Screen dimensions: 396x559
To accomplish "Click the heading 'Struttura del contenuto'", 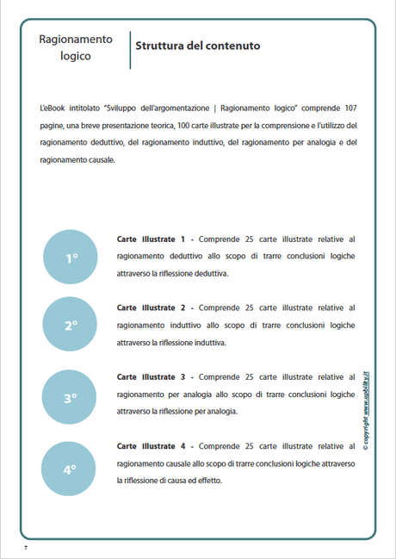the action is pyautogui.click(x=197, y=46).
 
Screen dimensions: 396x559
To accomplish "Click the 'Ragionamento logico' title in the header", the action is pyautogui.click(x=76, y=47).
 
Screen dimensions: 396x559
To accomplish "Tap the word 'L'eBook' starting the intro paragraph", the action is pyautogui.click(x=53, y=109).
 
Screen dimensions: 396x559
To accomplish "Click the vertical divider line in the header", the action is pyautogui.click(x=129, y=49).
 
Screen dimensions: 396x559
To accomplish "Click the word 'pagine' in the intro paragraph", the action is pyautogui.click(x=53, y=126).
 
